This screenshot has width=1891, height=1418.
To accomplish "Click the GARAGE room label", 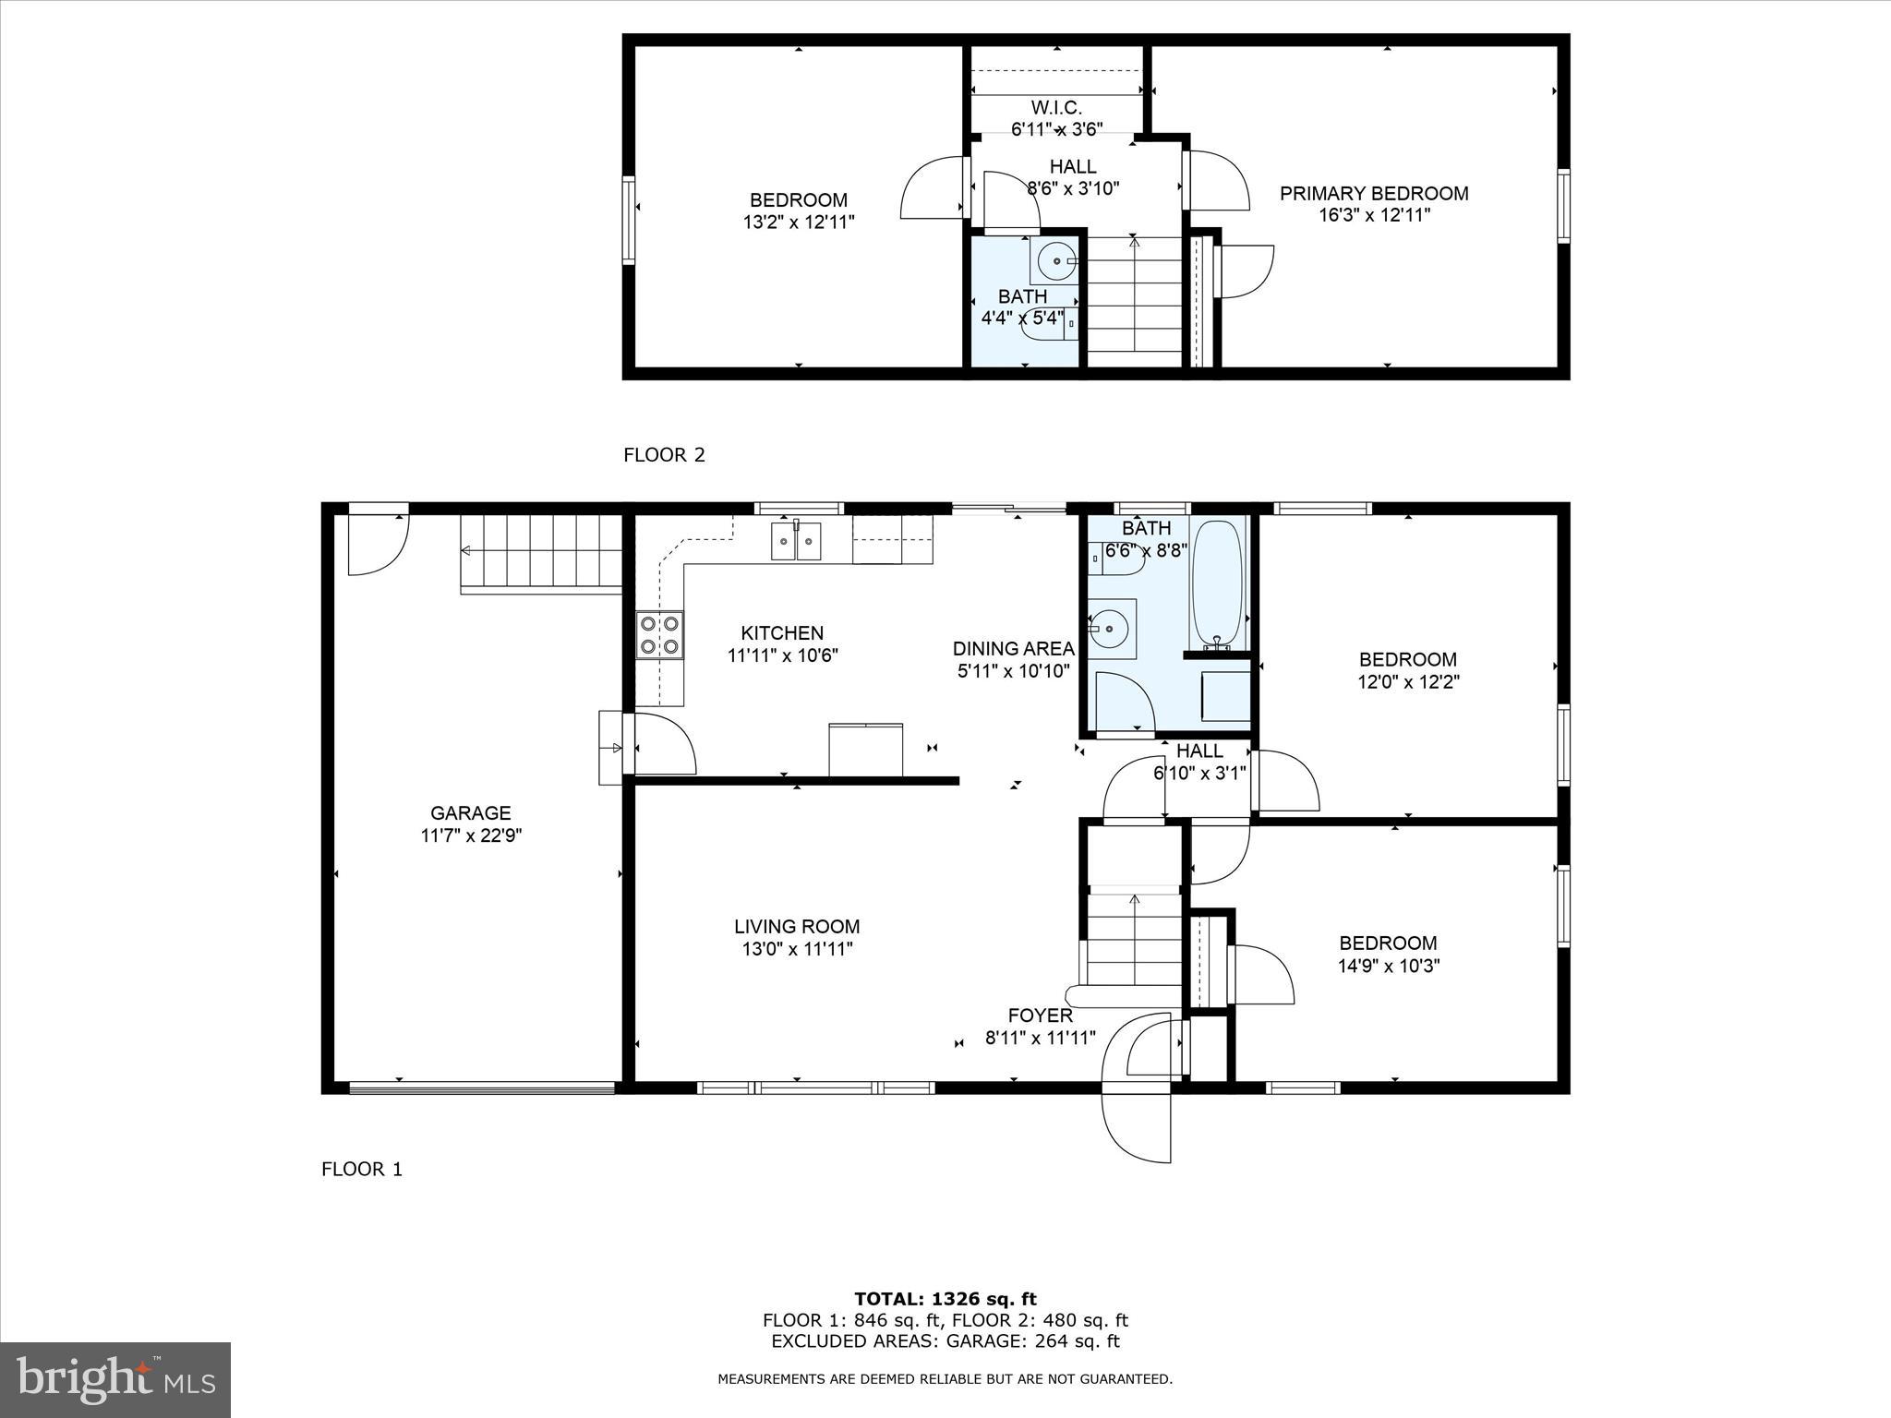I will tap(470, 813).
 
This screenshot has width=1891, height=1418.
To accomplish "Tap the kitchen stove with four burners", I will tap(660, 635).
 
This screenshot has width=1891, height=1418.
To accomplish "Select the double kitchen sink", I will tap(796, 541).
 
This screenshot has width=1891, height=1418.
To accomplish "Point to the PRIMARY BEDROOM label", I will tap(1373, 193).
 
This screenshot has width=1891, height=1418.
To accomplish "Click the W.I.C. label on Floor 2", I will tap(1056, 108).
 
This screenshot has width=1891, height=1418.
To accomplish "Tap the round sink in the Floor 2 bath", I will tap(1054, 262).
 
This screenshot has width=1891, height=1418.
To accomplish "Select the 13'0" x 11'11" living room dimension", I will tap(797, 949).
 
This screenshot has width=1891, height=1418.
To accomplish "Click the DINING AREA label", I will tap(1013, 648).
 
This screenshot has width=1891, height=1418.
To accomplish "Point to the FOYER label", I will tap(1040, 1015).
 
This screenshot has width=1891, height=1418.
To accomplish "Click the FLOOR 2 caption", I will tap(664, 454).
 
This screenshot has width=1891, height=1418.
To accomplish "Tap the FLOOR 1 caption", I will tap(362, 1170).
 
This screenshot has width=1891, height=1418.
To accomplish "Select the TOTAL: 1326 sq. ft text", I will tap(945, 1300).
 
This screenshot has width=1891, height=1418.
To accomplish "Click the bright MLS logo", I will tap(115, 1380).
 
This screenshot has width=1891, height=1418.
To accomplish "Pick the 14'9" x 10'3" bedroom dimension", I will tap(1388, 966).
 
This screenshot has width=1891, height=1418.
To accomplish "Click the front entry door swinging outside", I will tap(1137, 1126).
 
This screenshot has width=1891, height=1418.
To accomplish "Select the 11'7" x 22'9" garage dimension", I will tap(470, 835).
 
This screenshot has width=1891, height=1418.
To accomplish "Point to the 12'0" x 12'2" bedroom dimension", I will tap(1407, 682).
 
